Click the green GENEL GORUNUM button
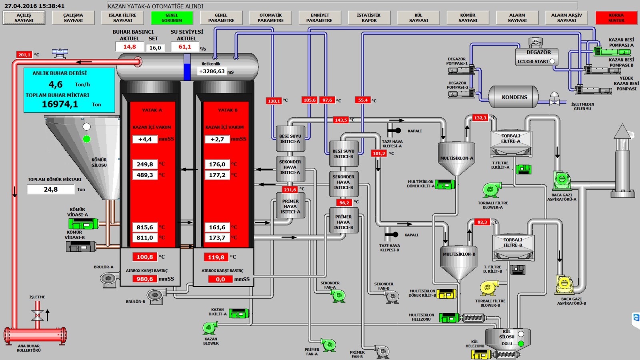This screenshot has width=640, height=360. (x=172, y=18)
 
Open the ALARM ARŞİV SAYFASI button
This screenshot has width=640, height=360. (x=566, y=18)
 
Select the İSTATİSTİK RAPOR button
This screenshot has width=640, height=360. (x=369, y=18)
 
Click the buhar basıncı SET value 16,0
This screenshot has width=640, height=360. (x=155, y=48)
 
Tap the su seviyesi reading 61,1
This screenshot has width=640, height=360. (x=185, y=47)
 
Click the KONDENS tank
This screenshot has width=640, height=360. (x=514, y=97)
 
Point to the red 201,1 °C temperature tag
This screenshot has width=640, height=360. (x=24, y=55)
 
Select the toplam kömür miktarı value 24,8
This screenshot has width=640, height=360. (x=51, y=190)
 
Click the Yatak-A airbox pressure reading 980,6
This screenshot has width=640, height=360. (x=144, y=279)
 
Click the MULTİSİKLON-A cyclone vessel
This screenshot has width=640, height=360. (x=456, y=158)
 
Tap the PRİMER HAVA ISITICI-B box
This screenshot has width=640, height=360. (x=343, y=222)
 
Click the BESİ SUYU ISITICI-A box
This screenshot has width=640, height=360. (x=290, y=138)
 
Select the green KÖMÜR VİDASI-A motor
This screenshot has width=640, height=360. (x=84, y=224)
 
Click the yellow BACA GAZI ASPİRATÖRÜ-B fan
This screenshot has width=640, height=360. (x=565, y=284)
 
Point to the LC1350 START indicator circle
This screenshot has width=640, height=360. (x=552, y=62)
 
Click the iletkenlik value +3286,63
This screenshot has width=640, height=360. (x=212, y=72)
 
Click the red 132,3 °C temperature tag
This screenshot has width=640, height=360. (x=480, y=118)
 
